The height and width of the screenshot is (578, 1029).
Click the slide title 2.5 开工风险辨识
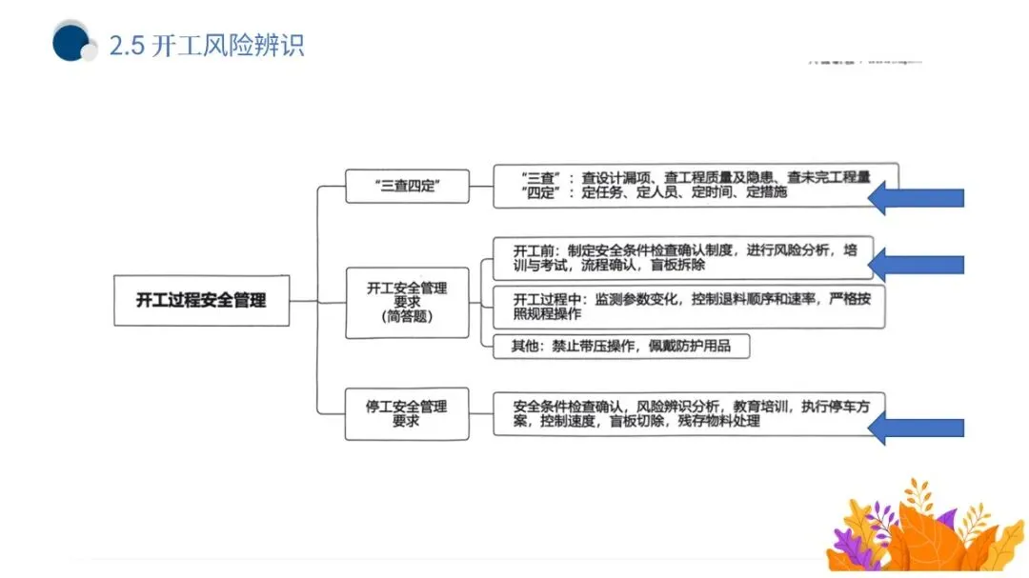click(x=207, y=46)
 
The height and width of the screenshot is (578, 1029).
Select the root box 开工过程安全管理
click(x=201, y=301)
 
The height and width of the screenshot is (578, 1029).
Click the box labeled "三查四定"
click(x=407, y=186)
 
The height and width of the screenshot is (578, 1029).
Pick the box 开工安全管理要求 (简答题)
click(x=407, y=302)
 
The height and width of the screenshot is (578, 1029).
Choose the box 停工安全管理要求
click(x=407, y=413)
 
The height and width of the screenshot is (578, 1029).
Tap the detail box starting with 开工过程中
click(x=682, y=307)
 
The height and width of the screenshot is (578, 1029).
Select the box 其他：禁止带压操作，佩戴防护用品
click(x=621, y=346)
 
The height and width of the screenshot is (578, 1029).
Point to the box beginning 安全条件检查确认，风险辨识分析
click(x=682, y=413)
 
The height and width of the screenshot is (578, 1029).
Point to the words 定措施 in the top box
click(x=767, y=192)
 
